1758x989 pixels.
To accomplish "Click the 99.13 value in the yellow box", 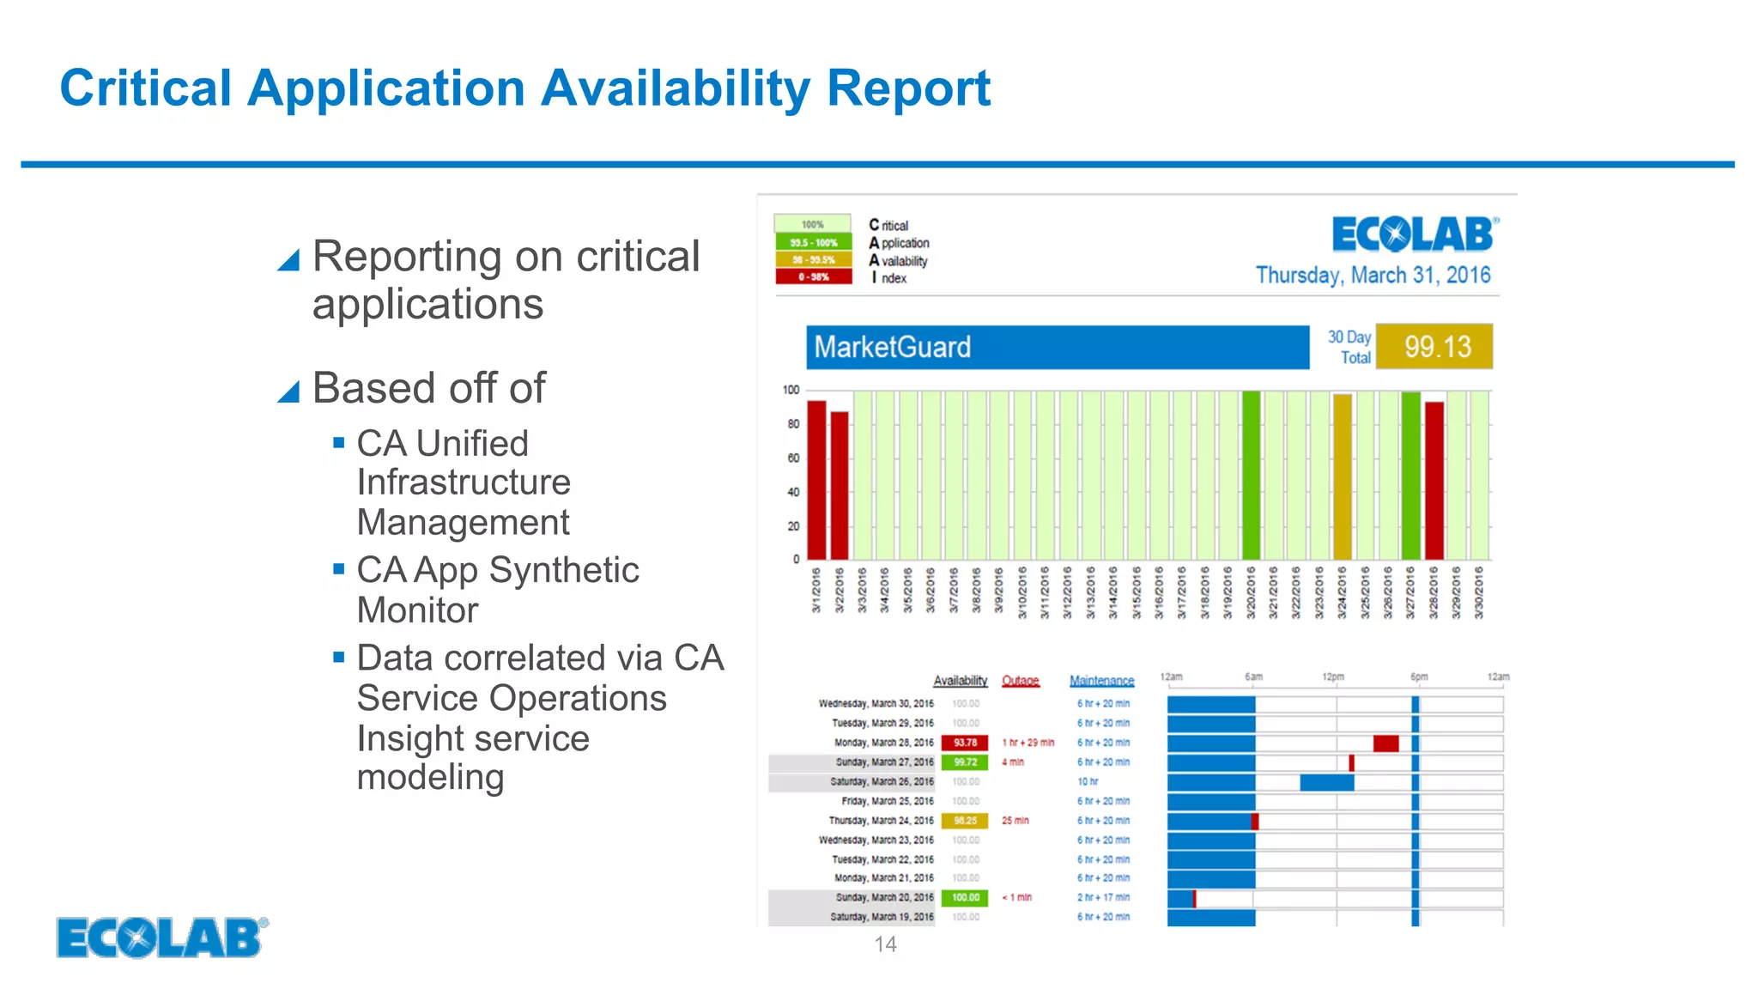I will coord(1437,347).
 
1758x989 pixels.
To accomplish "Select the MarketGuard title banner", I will coord(1057,347).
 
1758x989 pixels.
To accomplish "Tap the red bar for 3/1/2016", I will coord(816,479).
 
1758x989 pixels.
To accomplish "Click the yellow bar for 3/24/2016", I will coord(1342,476).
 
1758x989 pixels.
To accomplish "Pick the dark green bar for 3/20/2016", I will coord(1251,475).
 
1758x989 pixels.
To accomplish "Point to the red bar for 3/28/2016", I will coord(1434,480).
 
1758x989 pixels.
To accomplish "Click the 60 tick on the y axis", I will coord(793,458).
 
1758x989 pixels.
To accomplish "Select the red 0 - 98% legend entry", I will coord(813,277).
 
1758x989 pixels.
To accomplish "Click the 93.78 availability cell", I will coord(965,743).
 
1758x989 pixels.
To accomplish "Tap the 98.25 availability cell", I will coord(965,821).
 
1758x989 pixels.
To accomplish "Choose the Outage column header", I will coord(1020,681).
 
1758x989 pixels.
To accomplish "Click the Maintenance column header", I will coord(1101,681).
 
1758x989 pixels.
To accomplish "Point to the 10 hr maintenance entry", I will coord(1088,782).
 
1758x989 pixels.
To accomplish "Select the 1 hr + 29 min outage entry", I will coord(1028,743).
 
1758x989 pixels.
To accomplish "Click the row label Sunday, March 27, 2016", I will coord(884,762).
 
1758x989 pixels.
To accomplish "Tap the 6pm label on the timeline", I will coord(1419,677).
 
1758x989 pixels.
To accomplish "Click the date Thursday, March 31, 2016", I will coord(1373,276).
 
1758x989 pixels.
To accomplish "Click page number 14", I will coord(885,944).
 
